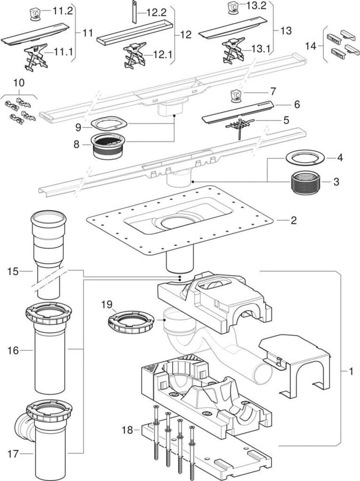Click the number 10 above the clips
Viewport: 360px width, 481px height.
pos(19,83)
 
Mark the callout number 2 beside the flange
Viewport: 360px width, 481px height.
pos(293,220)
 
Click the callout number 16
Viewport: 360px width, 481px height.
pos(13,350)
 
